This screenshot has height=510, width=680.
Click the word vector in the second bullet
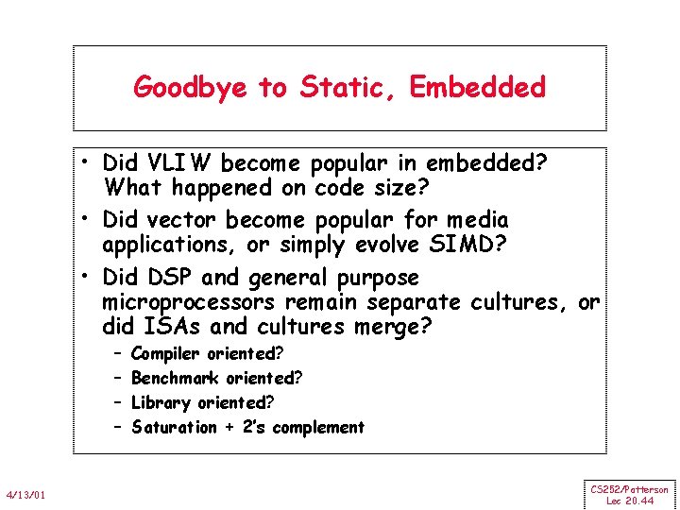click(x=178, y=220)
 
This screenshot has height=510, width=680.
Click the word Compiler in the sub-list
click(x=165, y=354)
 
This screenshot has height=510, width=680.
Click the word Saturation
click(x=175, y=427)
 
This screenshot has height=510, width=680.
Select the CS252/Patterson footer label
click(x=630, y=489)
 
